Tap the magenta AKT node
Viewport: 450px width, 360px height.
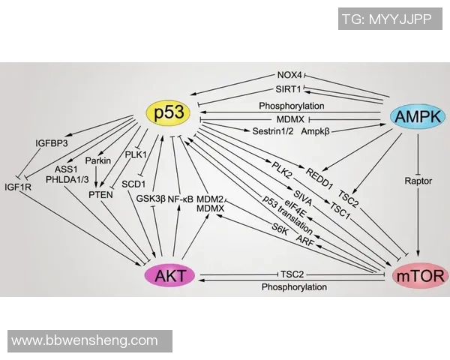(x=170, y=276)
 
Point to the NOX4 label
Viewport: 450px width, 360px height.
(x=289, y=75)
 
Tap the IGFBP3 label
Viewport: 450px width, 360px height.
(x=52, y=142)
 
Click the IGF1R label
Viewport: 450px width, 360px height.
(x=19, y=187)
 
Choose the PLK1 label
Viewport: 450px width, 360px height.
(x=136, y=155)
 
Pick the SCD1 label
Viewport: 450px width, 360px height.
(x=133, y=183)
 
